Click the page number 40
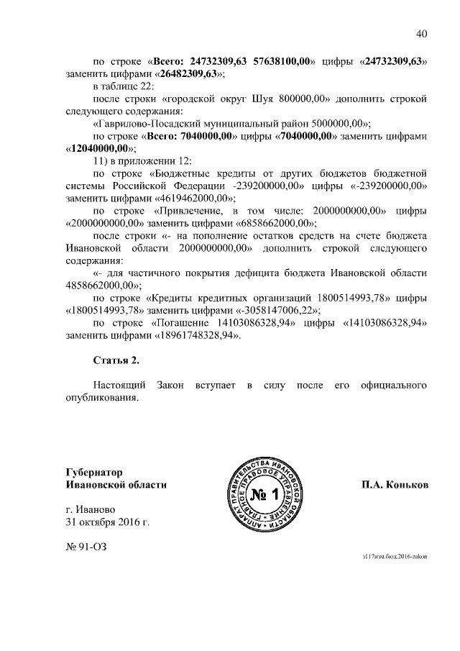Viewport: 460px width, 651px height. (x=422, y=34)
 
